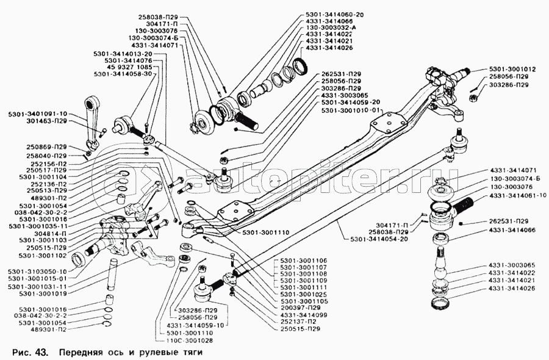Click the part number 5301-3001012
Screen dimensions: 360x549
coord(512,69)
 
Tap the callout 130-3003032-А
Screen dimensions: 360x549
coord(330,27)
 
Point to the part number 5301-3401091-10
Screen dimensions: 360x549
coord(38,113)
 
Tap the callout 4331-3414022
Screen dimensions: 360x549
coord(511,273)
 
